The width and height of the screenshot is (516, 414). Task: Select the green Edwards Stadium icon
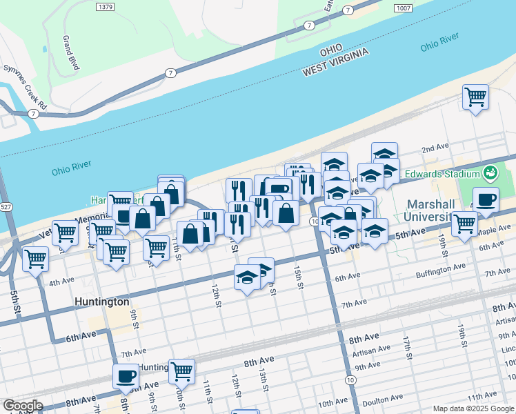(490, 172)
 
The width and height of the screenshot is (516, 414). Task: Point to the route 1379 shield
(106, 7)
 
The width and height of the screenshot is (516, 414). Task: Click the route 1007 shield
(404, 7)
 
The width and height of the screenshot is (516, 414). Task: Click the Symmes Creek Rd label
(25, 88)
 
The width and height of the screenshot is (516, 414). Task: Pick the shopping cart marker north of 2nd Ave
(475, 97)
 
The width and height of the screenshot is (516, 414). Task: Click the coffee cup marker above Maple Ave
(486, 199)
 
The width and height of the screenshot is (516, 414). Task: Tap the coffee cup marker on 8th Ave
(126, 376)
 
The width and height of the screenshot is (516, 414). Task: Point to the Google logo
(22, 406)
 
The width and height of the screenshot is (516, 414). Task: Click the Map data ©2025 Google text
(473, 408)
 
